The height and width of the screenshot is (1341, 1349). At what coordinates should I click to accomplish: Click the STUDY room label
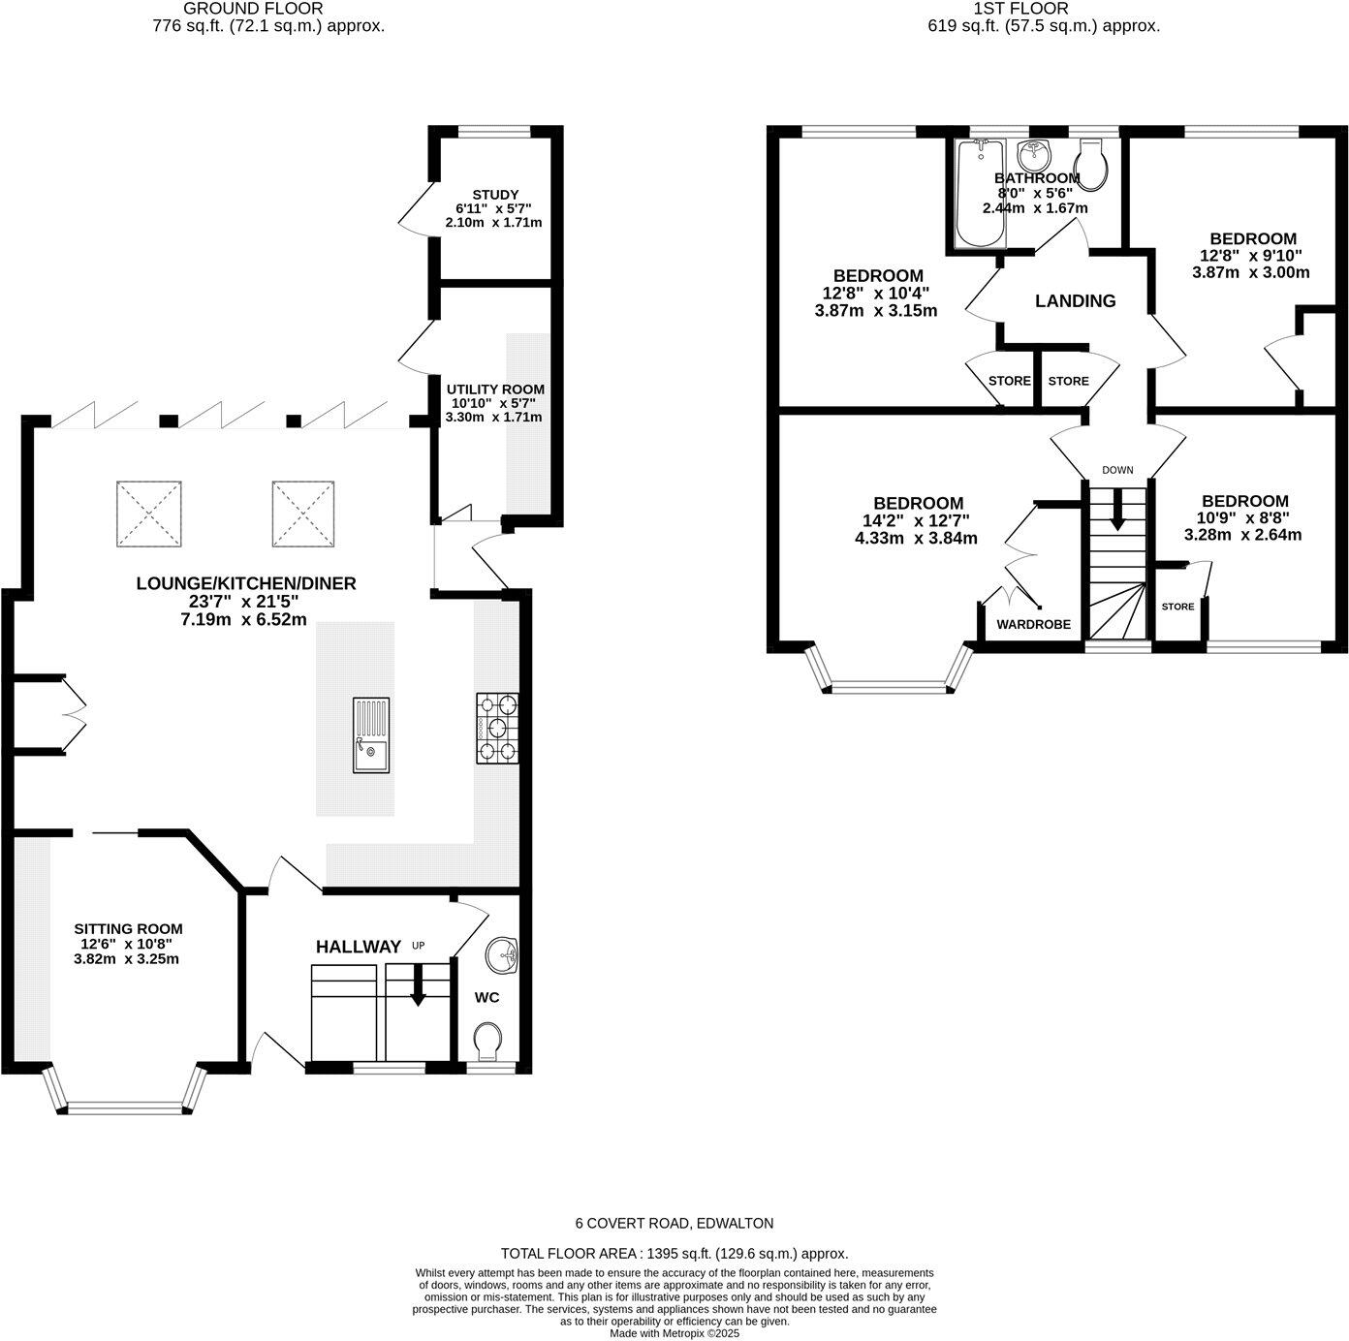[x=495, y=195]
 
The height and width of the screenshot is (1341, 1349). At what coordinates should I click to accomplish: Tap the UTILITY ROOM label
[x=495, y=390]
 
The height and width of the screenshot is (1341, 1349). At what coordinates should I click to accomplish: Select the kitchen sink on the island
[x=371, y=735]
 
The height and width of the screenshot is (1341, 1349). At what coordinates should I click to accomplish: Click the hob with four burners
[x=497, y=728]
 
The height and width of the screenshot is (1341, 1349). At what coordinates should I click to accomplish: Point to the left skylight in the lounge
[x=149, y=514]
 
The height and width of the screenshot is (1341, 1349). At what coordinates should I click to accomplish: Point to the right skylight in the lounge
[x=303, y=514]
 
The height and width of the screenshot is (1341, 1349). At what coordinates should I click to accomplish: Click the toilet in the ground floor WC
[x=489, y=1044]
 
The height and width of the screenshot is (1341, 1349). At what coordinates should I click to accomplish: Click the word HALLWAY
[x=358, y=947]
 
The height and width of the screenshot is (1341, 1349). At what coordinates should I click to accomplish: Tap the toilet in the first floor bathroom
[x=1094, y=166]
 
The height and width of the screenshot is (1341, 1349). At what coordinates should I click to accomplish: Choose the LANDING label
[x=1075, y=301]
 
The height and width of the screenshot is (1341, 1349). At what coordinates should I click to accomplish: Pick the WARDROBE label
[x=1034, y=625]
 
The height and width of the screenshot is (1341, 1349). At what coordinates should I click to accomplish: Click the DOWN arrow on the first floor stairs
[x=1117, y=510]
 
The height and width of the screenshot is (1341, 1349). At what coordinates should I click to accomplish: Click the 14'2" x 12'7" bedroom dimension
[x=917, y=521]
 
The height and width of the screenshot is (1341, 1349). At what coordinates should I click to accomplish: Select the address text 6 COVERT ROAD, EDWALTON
[x=674, y=1224]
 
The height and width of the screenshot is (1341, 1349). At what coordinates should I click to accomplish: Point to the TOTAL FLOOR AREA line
[x=674, y=1253]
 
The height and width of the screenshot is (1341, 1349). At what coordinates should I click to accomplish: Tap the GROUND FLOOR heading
[x=267, y=9]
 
